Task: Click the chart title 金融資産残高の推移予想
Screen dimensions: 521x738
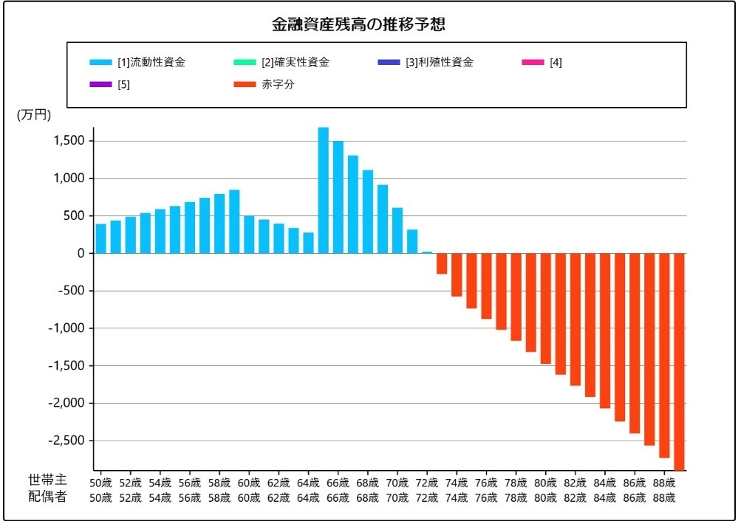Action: click(358, 24)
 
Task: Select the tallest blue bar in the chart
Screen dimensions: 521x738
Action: click(323, 190)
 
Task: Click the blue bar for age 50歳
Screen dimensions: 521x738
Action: click(101, 238)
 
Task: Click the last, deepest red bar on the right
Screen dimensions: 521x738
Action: click(679, 362)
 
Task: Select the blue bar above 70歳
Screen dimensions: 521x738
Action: click(397, 230)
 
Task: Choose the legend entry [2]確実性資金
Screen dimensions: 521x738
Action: click(295, 63)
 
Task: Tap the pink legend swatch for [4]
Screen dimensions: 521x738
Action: click(532, 63)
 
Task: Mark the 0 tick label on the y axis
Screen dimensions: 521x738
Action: click(81, 253)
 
